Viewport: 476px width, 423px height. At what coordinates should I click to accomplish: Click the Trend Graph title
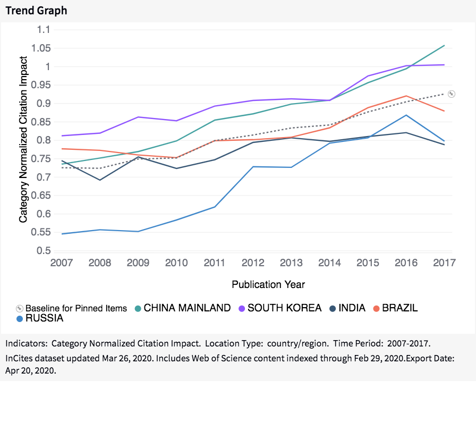36,10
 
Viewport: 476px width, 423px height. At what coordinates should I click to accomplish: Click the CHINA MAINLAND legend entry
187,308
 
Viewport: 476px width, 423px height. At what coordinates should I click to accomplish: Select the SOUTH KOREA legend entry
284,308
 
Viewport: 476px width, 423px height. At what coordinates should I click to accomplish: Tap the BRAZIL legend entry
399,308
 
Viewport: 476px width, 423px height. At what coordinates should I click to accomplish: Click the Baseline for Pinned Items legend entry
76,308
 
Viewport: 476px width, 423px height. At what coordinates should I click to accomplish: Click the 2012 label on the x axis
252,263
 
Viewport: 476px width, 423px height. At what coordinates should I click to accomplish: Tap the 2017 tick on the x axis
444,263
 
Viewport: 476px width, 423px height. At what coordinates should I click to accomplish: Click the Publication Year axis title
268,284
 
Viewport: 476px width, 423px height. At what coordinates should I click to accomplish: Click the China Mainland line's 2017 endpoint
444,46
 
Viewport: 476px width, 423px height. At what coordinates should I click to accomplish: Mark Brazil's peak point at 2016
406,96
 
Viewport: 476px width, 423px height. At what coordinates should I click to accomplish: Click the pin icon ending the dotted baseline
451,94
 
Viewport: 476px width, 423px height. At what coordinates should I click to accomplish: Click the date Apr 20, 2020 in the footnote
37,371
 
